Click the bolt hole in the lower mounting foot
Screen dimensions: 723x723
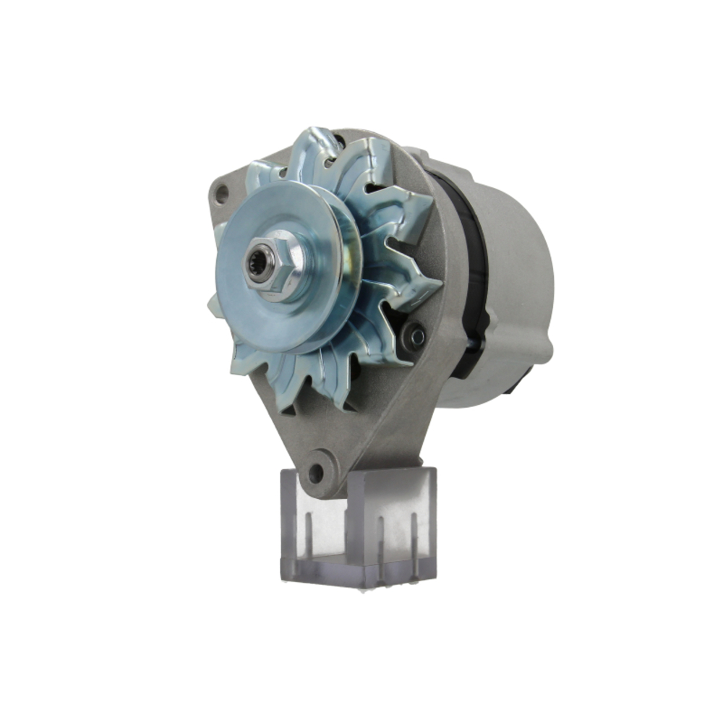pos(315,474)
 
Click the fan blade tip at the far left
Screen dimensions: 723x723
pos(215,307)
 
